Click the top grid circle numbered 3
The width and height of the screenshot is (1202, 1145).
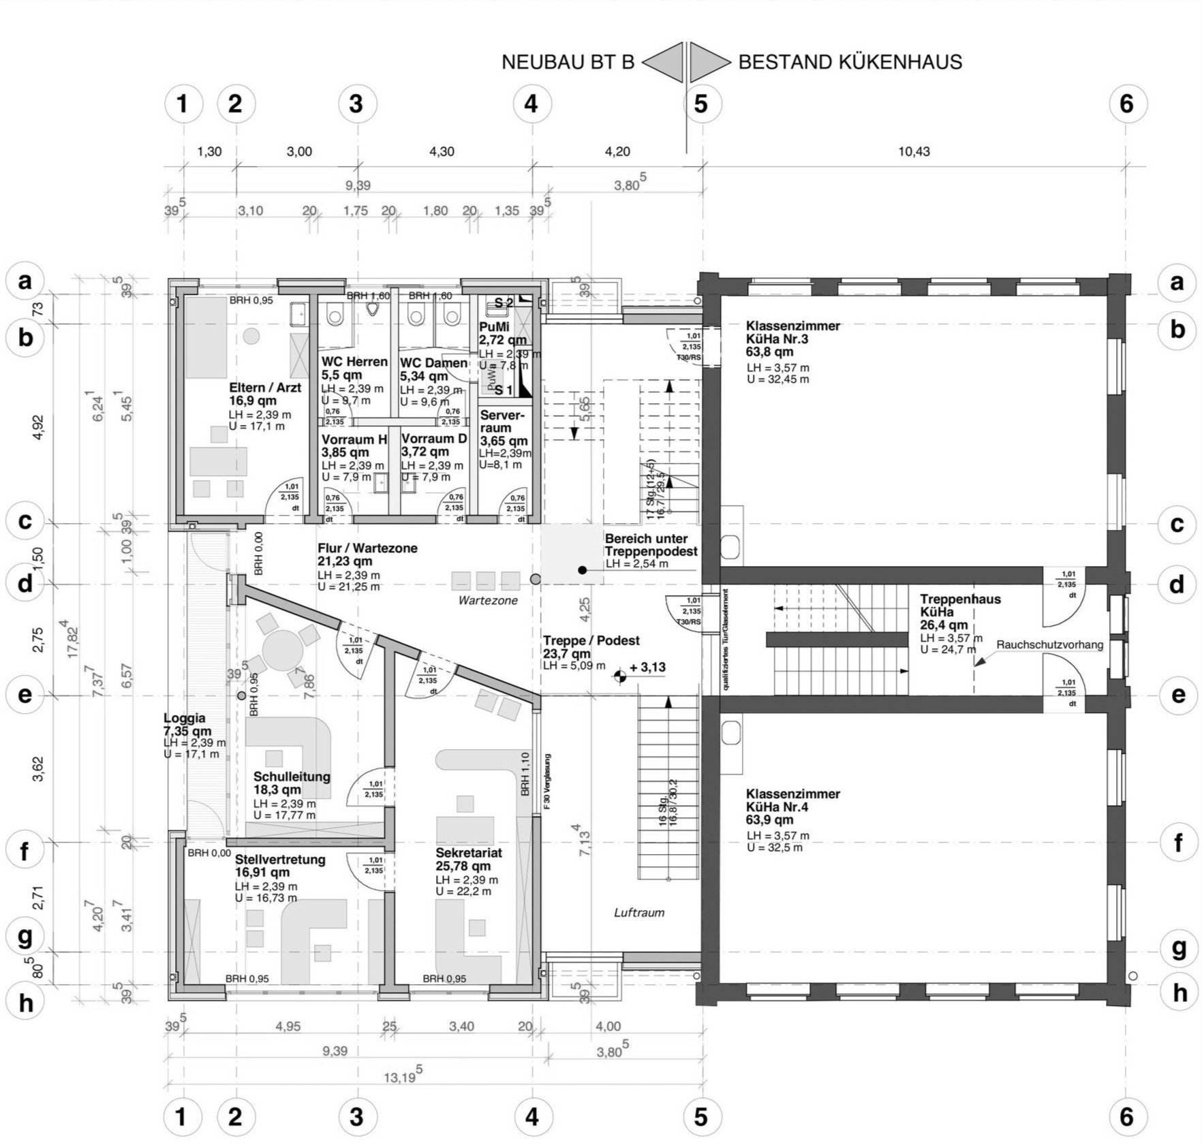coord(356,104)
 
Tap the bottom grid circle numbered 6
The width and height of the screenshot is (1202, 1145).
coord(1126,1116)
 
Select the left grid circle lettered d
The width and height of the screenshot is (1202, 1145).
coord(25,584)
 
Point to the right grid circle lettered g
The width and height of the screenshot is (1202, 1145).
coord(1177,948)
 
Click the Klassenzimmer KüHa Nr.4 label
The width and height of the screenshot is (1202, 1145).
coord(792,807)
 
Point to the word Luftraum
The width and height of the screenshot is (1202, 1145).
coord(638,913)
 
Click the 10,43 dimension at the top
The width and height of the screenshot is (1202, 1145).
coord(914,151)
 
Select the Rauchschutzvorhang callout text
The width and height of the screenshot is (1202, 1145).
coord(1049,644)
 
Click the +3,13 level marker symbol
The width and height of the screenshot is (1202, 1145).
coord(620,676)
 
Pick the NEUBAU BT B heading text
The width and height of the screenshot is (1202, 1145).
coord(568,63)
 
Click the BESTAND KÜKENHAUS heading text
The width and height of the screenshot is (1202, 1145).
coord(850,63)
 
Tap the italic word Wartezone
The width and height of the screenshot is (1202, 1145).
coord(488,601)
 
